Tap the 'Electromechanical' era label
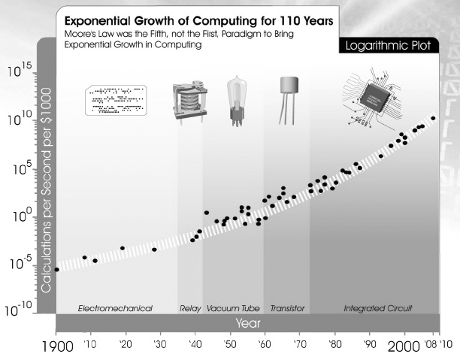click(116, 308)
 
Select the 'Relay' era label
click(189, 308)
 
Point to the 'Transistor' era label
click(286, 308)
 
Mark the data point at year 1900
click(56, 269)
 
